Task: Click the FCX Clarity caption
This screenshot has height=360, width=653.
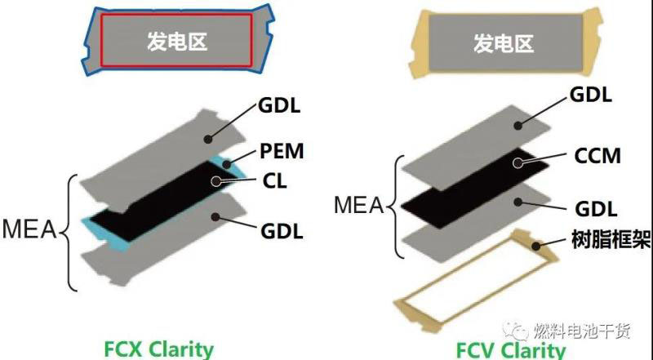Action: (x=158, y=349)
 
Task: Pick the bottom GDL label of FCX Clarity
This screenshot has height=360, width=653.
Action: (x=282, y=232)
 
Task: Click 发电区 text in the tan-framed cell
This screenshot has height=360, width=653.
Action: (x=504, y=43)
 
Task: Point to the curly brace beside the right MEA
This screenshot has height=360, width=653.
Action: (x=398, y=203)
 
